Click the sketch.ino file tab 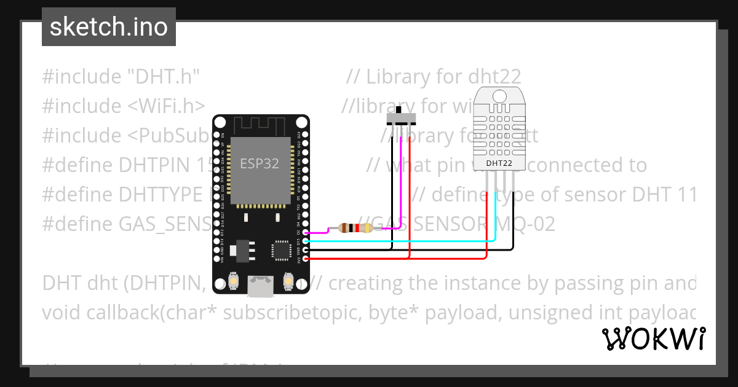pos(109,27)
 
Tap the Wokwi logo pos(653,338)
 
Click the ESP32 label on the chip pos(259,163)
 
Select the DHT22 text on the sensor pos(499,163)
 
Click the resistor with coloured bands pos(355,229)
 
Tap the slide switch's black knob pos(401,111)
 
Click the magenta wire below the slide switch pos(401,184)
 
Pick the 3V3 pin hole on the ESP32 pos(306,259)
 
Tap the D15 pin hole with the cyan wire pos(306,241)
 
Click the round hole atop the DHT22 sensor pos(499,95)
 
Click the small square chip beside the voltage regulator pos(281,250)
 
